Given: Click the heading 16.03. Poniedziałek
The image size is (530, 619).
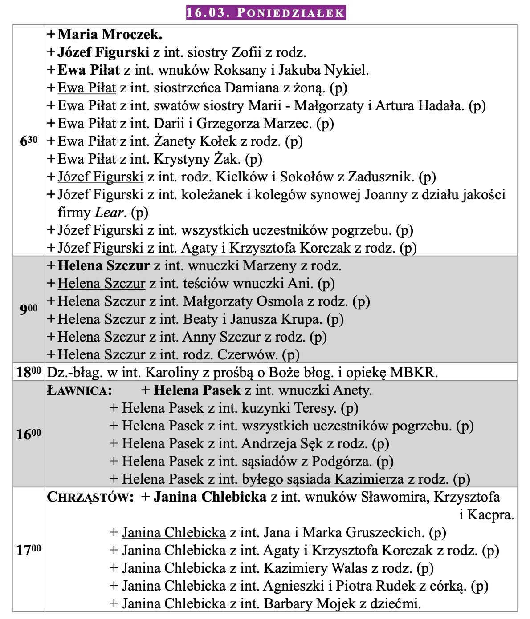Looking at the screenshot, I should point(265,12).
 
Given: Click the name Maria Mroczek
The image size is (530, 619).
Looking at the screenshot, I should point(110,34).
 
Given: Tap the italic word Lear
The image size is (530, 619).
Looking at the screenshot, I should point(109,213).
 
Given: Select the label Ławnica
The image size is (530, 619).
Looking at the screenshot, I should point(79,391).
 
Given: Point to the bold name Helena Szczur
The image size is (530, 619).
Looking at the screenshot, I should point(103,266).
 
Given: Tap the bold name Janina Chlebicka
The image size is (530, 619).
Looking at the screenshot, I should point(210,497).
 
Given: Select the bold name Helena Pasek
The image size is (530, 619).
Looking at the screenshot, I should point(197,391).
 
